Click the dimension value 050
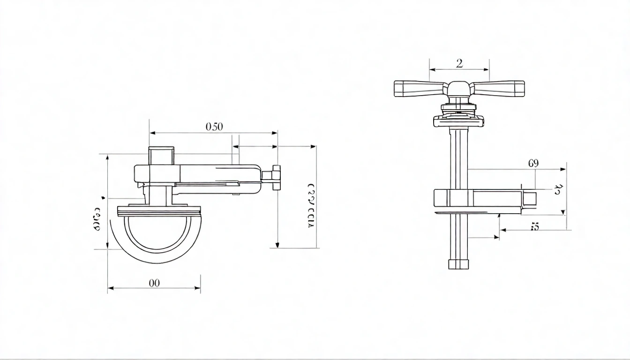pyautogui.click(x=214, y=127)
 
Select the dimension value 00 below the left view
pyautogui.click(x=154, y=283)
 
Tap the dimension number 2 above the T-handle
pyautogui.click(x=459, y=63)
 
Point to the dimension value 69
pyautogui.click(x=533, y=163)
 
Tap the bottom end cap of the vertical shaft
pyautogui.click(x=458, y=264)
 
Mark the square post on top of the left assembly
pyautogui.click(x=161, y=156)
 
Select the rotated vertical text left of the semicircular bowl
pyautogui.click(x=97, y=218)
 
